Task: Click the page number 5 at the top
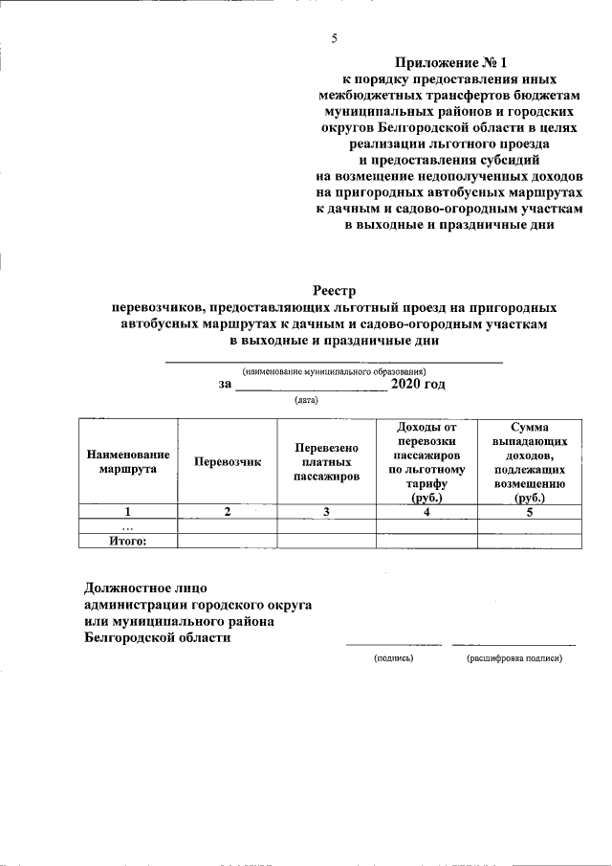[x=334, y=39]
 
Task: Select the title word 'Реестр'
[x=334, y=291]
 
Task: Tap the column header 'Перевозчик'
[x=227, y=461]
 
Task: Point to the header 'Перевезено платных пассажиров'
[x=326, y=461]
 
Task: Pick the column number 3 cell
[x=326, y=512]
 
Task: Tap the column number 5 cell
[x=528, y=512]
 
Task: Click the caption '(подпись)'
[x=393, y=658]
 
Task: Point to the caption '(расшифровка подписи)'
[x=514, y=658]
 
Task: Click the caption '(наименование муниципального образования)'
[x=334, y=370]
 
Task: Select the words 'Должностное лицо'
[x=145, y=587]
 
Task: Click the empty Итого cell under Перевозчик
[x=227, y=541]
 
